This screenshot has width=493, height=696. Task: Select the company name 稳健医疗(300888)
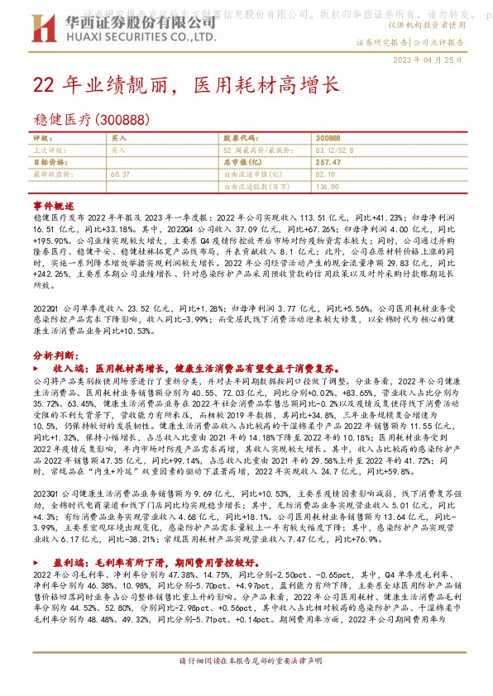point(91,120)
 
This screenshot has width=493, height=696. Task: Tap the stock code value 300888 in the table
point(328,138)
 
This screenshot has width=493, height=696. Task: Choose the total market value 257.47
point(328,163)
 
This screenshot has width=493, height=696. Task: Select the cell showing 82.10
point(325,174)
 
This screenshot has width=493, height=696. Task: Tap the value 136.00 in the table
point(327,187)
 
